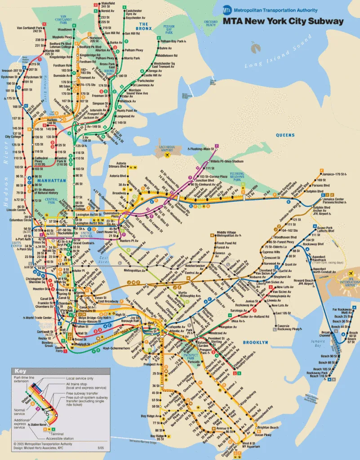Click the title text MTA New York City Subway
pos(283,21)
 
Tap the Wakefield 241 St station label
pos(108,5)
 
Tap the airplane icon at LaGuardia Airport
pos(168,155)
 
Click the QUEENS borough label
pos(285,135)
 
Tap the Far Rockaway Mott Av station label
pos(341,311)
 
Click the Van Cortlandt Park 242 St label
pos(30,30)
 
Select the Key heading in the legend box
pos(20,371)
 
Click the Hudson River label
pos(6,180)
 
